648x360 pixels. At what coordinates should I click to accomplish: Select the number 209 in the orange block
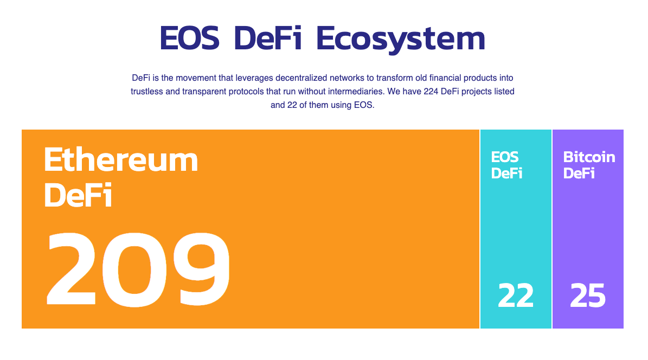(x=139, y=269)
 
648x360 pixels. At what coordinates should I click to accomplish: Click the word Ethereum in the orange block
(x=121, y=160)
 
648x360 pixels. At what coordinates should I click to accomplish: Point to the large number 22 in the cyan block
(x=516, y=296)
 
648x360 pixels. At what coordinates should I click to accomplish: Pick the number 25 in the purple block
(x=588, y=296)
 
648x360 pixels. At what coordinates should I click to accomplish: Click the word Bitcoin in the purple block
(x=589, y=157)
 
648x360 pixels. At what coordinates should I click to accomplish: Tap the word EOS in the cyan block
(x=505, y=157)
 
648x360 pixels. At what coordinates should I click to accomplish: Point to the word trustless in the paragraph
(x=147, y=92)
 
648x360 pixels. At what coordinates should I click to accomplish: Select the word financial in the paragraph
(x=440, y=78)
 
